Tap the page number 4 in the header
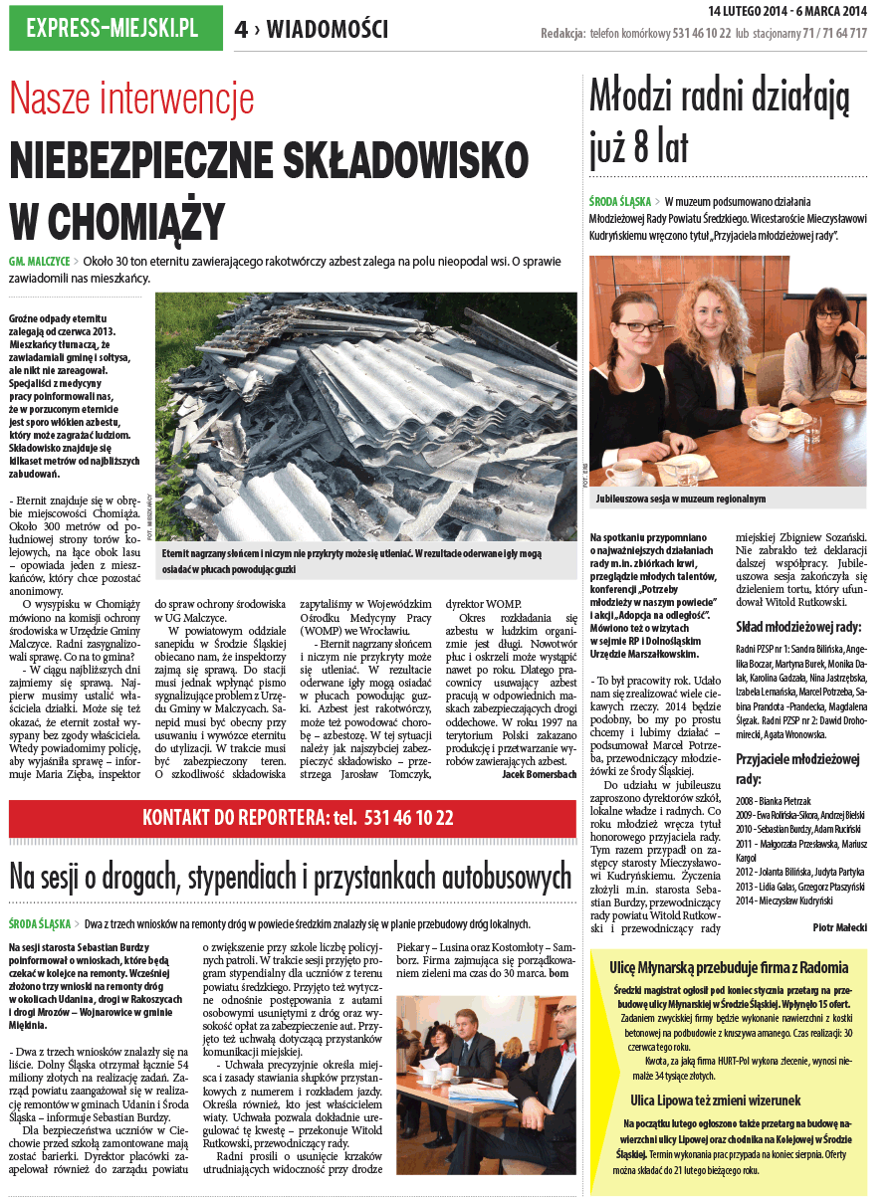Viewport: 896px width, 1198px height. [x=241, y=30]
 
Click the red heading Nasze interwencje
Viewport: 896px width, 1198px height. [x=131, y=99]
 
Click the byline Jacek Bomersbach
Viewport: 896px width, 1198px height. [x=539, y=774]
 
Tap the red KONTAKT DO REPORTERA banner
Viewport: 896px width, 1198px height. [x=298, y=817]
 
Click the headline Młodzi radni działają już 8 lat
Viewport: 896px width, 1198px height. [x=719, y=121]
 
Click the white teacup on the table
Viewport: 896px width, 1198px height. [x=766, y=426]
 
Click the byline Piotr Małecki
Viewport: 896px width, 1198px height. [x=838, y=927]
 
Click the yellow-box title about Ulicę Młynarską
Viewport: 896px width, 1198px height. [x=729, y=966]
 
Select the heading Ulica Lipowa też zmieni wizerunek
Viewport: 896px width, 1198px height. [x=729, y=1100]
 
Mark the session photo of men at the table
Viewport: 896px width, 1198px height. [x=486, y=1073]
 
